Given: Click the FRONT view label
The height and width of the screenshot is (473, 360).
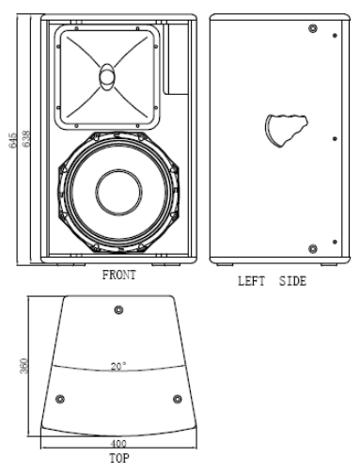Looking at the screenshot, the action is click(x=119, y=275).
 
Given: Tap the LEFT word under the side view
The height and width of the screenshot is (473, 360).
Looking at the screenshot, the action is click(x=251, y=281).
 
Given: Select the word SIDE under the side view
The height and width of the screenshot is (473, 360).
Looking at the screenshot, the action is click(x=292, y=281).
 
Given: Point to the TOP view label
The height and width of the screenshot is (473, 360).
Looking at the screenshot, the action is click(x=119, y=458).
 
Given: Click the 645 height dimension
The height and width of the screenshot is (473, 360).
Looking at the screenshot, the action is click(x=13, y=140).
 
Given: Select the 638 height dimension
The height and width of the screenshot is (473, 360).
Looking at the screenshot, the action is click(x=26, y=138).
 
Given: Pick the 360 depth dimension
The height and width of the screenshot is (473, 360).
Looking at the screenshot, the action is click(x=23, y=366).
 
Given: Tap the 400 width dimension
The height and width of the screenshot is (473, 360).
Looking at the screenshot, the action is click(x=118, y=444).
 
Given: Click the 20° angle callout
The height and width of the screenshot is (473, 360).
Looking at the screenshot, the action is click(x=118, y=366).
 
